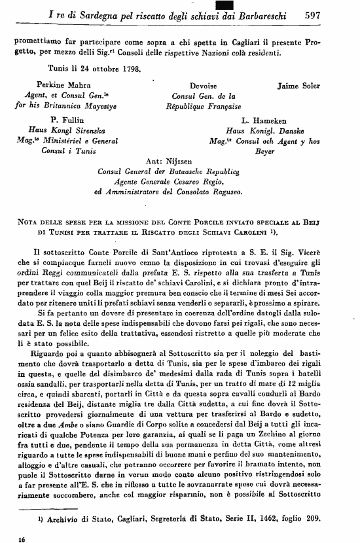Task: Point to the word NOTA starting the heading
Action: click(x=27, y=222)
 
